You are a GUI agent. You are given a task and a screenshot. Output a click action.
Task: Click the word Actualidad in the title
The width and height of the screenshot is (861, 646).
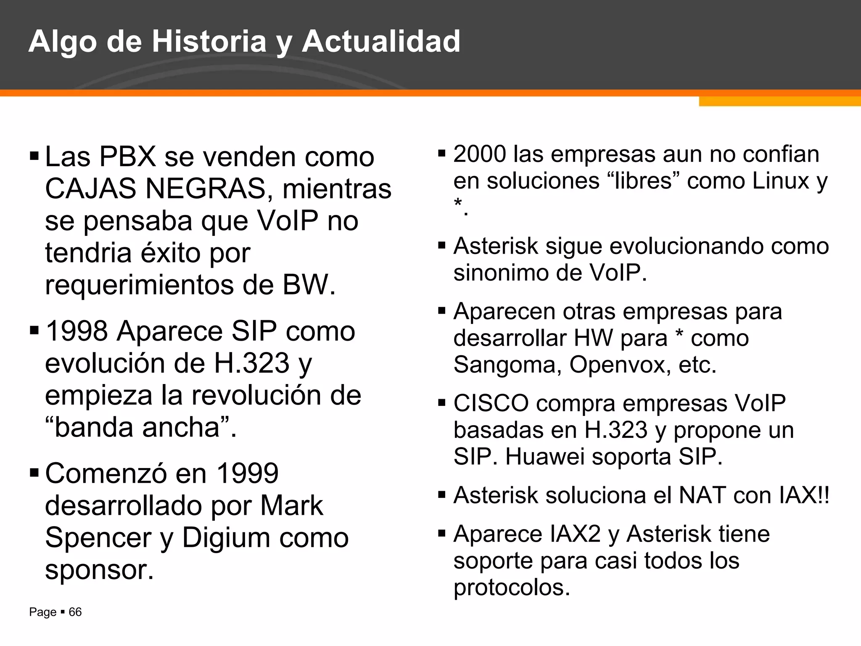pos(381,41)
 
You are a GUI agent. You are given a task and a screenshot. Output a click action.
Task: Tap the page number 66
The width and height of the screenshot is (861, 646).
pos(75,612)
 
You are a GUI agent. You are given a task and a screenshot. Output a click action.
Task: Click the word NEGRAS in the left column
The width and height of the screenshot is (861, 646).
pos(206,188)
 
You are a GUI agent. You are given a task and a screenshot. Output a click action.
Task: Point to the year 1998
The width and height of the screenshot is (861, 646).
pos(77,331)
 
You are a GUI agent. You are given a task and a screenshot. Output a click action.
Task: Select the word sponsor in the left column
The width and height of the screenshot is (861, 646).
pos(99,569)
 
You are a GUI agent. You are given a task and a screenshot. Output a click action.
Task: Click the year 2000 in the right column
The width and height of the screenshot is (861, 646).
pos(480,154)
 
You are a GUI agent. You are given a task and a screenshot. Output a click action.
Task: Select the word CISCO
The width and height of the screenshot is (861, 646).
pos(491,403)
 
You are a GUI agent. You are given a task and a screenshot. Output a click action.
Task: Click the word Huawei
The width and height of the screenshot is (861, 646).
pos(545,456)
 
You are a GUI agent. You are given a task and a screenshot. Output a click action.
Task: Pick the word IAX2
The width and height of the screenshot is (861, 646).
pos(576,534)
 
